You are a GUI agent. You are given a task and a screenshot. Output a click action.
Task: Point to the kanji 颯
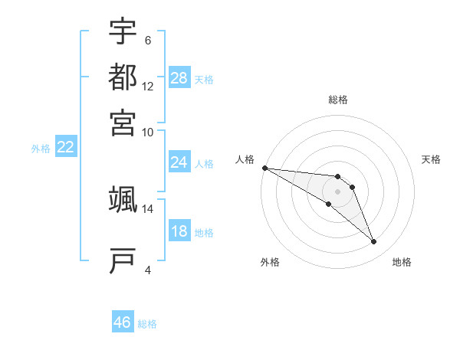pyautogui.click(x=123, y=198)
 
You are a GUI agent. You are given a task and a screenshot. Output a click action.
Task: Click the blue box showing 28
pyautogui.click(x=179, y=78)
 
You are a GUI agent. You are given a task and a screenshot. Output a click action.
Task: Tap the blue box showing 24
pyautogui.click(x=179, y=162)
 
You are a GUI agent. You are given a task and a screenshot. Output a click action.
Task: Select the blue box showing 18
pyautogui.click(x=179, y=231)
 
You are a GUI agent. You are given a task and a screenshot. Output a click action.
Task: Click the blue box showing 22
pyautogui.click(x=65, y=148)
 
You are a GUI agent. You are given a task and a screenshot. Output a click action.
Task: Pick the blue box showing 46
pyautogui.click(x=123, y=322)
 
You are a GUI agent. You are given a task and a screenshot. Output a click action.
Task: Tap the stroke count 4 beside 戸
pyautogui.click(x=148, y=270)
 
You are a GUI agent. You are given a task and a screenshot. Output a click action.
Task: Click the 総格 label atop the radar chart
pyautogui.click(x=338, y=100)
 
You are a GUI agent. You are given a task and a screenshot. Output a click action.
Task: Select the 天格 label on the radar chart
pyautogui.click(x=431, y=159)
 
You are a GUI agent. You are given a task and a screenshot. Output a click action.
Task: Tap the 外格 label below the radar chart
pyautogui.click(x=270, y=263)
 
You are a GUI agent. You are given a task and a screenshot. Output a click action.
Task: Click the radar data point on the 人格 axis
pyautogui.click(x=264, y=168)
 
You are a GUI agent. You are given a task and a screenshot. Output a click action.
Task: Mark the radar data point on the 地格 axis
pyautogui.click(x=374, y=242)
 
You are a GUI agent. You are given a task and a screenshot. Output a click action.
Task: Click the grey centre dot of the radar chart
pyautogui.click(x=338, y=191)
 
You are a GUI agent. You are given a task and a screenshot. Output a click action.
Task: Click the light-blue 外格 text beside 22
pyautogui.click(x=41, y=149)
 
